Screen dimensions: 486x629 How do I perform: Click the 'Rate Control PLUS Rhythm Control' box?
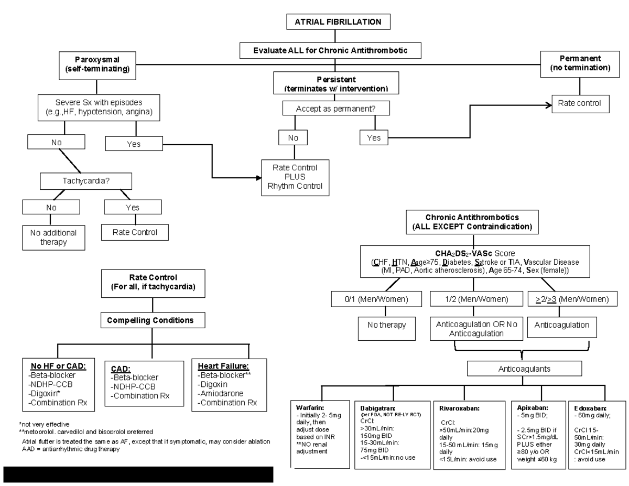pos(295,177)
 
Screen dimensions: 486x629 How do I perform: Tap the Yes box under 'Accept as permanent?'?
pos(374,138)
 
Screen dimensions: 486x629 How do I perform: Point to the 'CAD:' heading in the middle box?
pos(120,369)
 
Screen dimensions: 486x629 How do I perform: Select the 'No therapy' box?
pos(380,325)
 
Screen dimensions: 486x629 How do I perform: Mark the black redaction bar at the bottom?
pos(138,473)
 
